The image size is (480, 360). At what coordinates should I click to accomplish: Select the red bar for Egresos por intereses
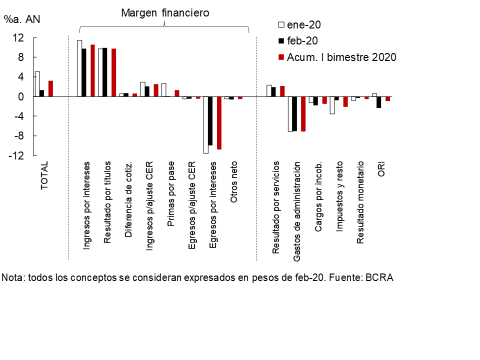219,122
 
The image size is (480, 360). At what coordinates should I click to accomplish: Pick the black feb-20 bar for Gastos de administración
295,113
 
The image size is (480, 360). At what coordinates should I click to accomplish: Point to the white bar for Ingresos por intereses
79,68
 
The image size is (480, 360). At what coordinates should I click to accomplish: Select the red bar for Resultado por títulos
113,72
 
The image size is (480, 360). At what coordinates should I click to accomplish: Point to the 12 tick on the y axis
18,37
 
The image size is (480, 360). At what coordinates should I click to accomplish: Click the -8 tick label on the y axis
18,136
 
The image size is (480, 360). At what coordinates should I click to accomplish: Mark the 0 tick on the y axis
21,96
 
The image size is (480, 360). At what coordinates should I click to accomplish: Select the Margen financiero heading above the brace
165,12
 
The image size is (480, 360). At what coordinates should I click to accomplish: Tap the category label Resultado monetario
360,203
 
